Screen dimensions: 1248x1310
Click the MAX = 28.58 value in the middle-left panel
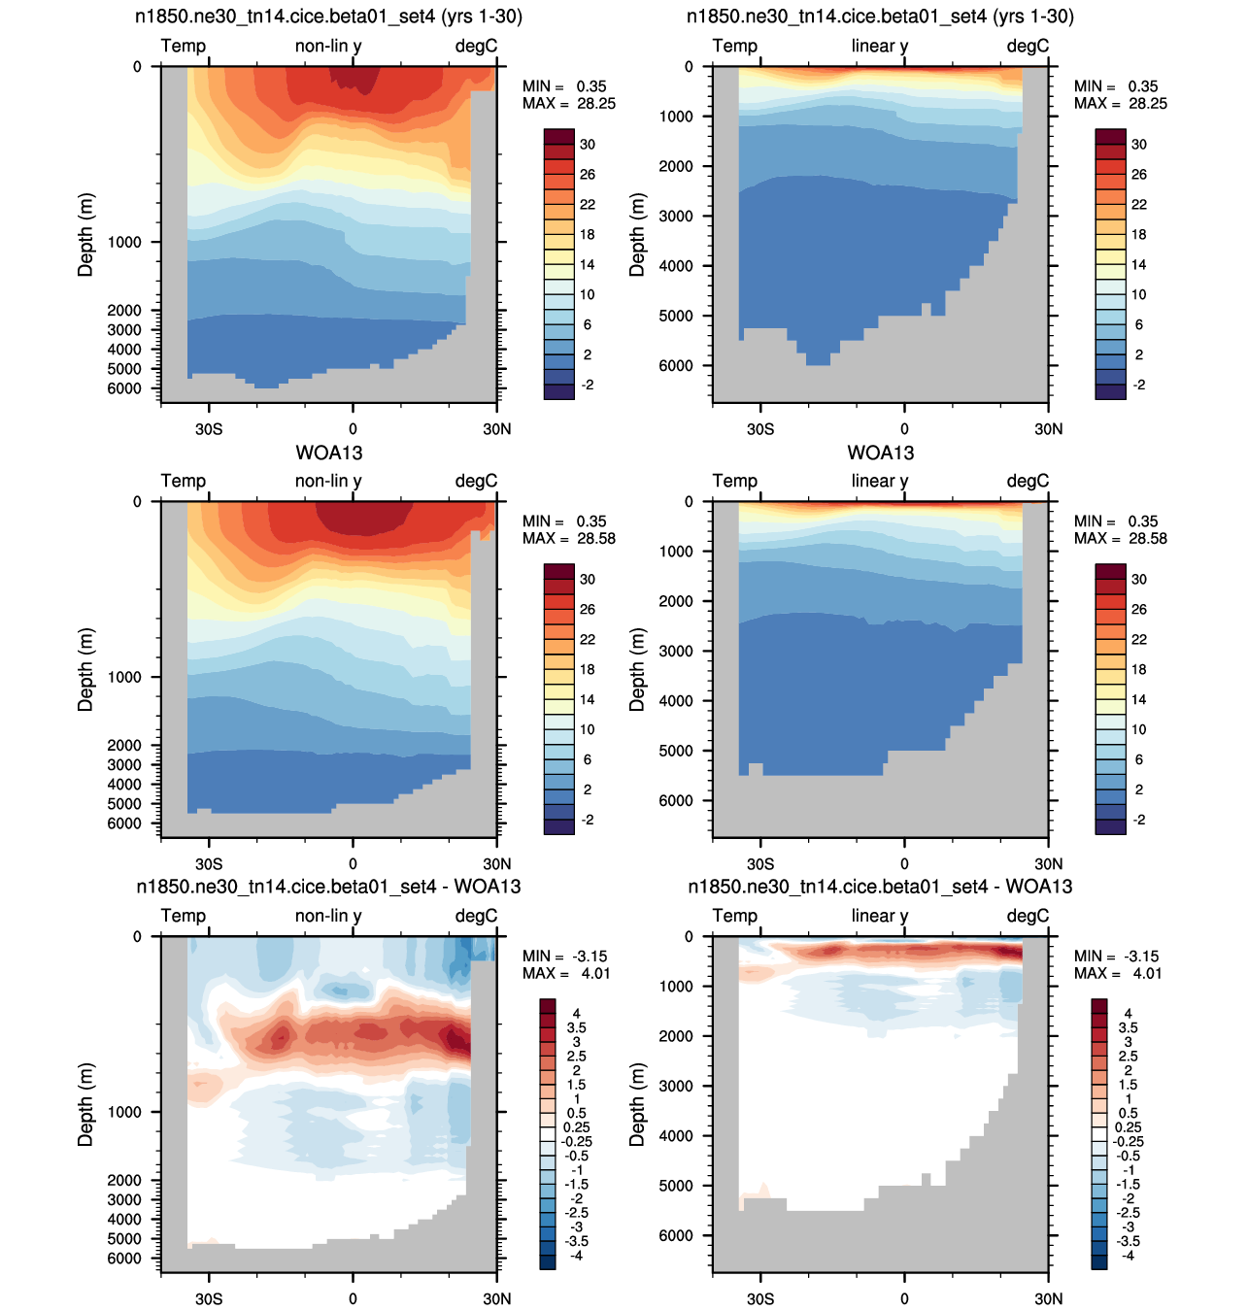[x=569, y=538]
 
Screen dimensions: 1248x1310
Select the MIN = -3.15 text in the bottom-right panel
[x=1116, y=957]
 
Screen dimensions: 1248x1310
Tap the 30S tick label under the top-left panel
[x=209, y=429]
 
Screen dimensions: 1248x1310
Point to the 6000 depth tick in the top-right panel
[x=675, y=366]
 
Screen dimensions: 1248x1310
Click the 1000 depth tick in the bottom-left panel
[x=124, y=1112]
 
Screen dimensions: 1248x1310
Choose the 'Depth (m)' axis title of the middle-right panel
[x=637, y=670]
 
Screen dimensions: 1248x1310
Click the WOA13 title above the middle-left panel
[x=328, y=453]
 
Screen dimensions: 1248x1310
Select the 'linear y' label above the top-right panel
[x=879, y=46]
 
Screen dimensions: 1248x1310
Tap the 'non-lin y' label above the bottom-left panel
[x=328, y=916]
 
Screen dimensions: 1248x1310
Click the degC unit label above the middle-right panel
[x=1028, y=481]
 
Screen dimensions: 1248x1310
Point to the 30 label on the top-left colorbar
[x=587, y=144]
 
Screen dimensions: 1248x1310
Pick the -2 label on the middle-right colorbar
[x=1138, y=820]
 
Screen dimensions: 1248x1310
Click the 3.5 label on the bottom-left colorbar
[x=576, y=1027]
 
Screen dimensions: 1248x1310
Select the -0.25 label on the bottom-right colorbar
[x=1128, y=1141]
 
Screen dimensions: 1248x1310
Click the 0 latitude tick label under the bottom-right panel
[x=904, y=1298]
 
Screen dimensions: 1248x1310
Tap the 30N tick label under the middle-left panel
[x=496, y=864]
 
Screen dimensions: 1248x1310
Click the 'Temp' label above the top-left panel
[x=184, y=46]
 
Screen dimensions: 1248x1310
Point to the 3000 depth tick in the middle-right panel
[x=675, y=651]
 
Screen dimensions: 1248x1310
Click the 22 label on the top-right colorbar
[x=1138, y=205]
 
